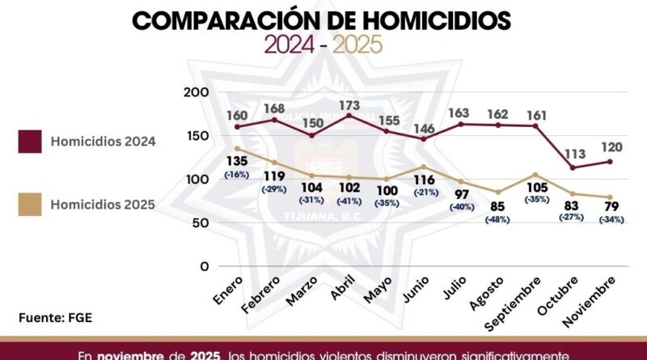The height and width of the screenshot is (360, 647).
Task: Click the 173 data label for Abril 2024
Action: [349, 104]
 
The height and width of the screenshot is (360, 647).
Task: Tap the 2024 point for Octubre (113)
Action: [573, 167]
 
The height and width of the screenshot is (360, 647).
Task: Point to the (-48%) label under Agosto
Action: [499, 219]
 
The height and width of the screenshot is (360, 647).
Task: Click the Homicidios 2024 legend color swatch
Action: [31, 142]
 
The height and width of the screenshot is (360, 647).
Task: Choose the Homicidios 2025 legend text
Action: [103, 205]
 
